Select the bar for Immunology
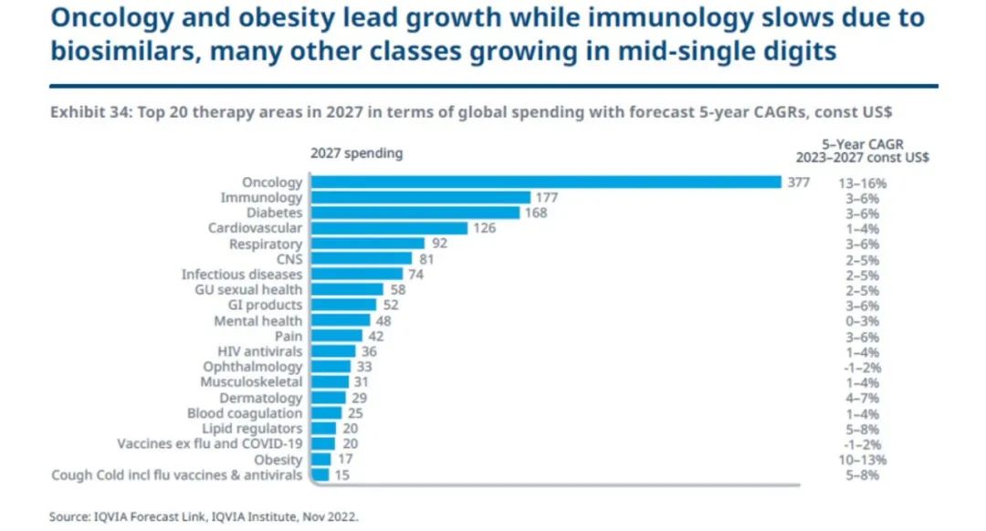point(420,197)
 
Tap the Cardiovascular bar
point(389,228)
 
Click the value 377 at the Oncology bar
point(799,182)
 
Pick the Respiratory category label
point(266,244)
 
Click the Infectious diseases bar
point(356,274)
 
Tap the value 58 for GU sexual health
point(397,289)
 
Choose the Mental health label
point(257,321)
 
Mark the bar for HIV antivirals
point(332,351)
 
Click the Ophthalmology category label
point(252,367)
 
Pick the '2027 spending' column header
point(356,153)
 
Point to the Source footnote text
point(204,516)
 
